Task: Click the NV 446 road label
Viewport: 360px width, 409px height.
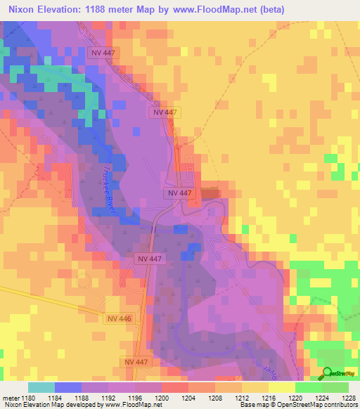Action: pos(119,318)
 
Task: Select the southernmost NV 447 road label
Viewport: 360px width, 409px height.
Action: pos(137,361)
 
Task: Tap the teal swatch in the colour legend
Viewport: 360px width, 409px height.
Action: pos(41,387)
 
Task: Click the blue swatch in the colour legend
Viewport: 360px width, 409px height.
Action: pos(67,387)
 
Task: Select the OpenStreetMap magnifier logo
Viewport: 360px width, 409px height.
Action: pos(328,373)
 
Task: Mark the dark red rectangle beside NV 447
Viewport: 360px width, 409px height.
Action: pos(210,193)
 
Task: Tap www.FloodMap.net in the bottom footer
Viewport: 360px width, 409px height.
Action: pos(133,405)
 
